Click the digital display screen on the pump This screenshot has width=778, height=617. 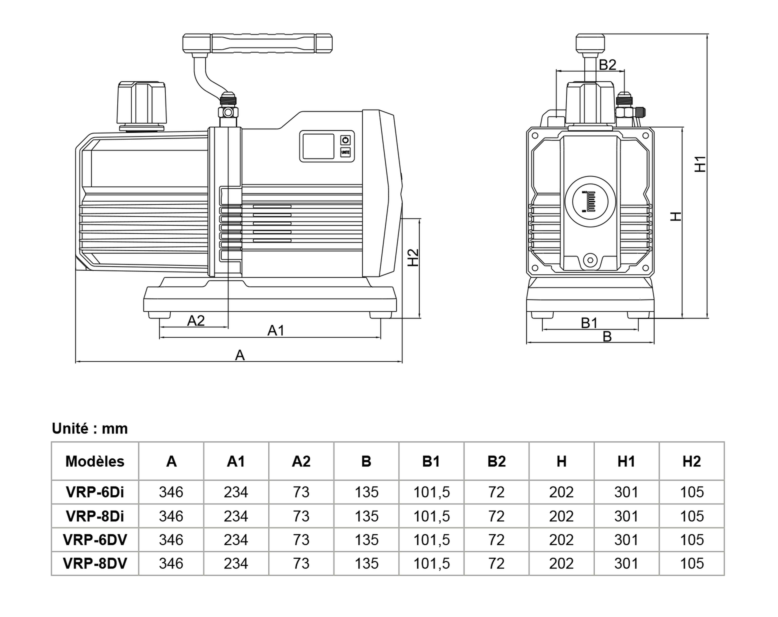coord(318,146)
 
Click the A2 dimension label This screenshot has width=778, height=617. coord(196,321)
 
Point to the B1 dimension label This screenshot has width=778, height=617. coord(589,323)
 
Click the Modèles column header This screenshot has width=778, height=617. coord(95,461)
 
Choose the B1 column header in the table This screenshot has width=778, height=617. coord(431,461)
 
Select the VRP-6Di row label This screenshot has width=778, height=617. coord(95,492)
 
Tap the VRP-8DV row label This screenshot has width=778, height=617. coord(95,563)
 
